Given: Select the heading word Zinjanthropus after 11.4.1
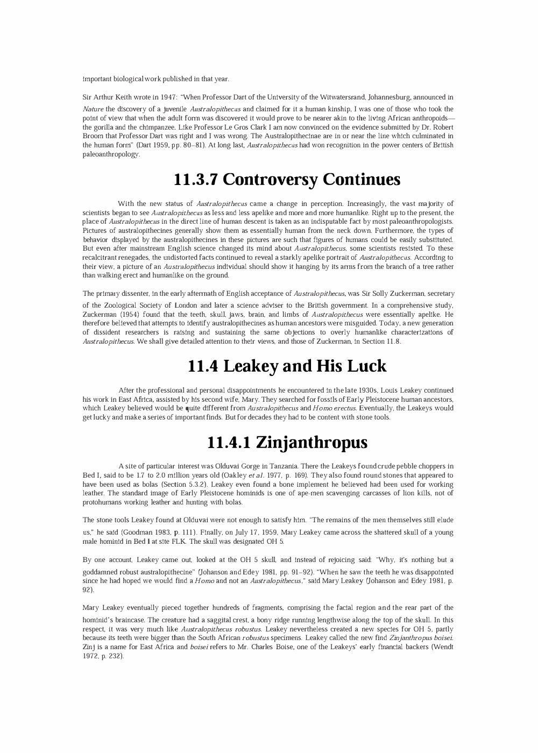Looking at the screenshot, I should pyautogui.click(x=312, y=443).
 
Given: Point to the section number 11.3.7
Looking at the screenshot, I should pyautogui.click(x=195, y=180).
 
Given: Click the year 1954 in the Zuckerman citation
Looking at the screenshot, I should pyautogui.click(x=127, y=314).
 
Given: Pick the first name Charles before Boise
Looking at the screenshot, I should pyautogui.click(x=289, y=647).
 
